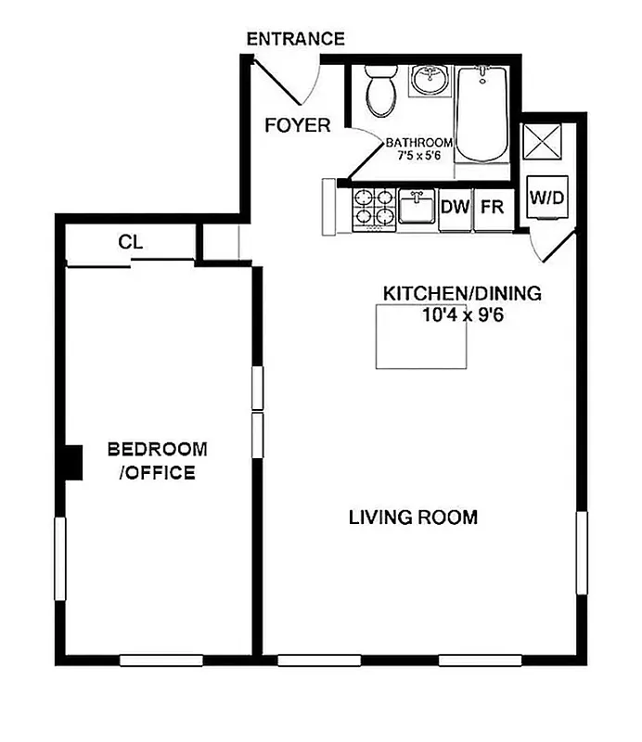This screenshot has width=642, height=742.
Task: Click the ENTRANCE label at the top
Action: click(x=295, y=39)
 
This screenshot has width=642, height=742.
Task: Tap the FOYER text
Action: click(x=297, y=124)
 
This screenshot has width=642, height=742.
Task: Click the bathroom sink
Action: click(x=429, y=81)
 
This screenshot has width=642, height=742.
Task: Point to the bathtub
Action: click(x=481, y=116)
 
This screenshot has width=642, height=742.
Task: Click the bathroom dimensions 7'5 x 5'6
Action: click(x=419, y=155)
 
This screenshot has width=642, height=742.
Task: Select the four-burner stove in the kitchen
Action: click(x=373, y=208)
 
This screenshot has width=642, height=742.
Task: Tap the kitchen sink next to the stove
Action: click(x=417, y=208)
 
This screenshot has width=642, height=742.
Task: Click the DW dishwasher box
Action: click(x=455, y=207)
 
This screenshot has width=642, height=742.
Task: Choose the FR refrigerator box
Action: click(x=491, y=207)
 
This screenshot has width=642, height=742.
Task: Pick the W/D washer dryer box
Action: click(x=546, y=198)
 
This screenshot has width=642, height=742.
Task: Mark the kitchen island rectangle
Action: click(x=420, y=335)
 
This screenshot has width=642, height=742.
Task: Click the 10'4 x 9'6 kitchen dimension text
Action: click(x=461, y=314)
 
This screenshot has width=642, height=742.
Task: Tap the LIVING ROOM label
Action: click(x=413, y=518)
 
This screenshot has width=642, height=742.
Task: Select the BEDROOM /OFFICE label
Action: click(x=158, y=461)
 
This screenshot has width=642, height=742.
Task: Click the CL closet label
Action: click(x=130, y=242)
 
